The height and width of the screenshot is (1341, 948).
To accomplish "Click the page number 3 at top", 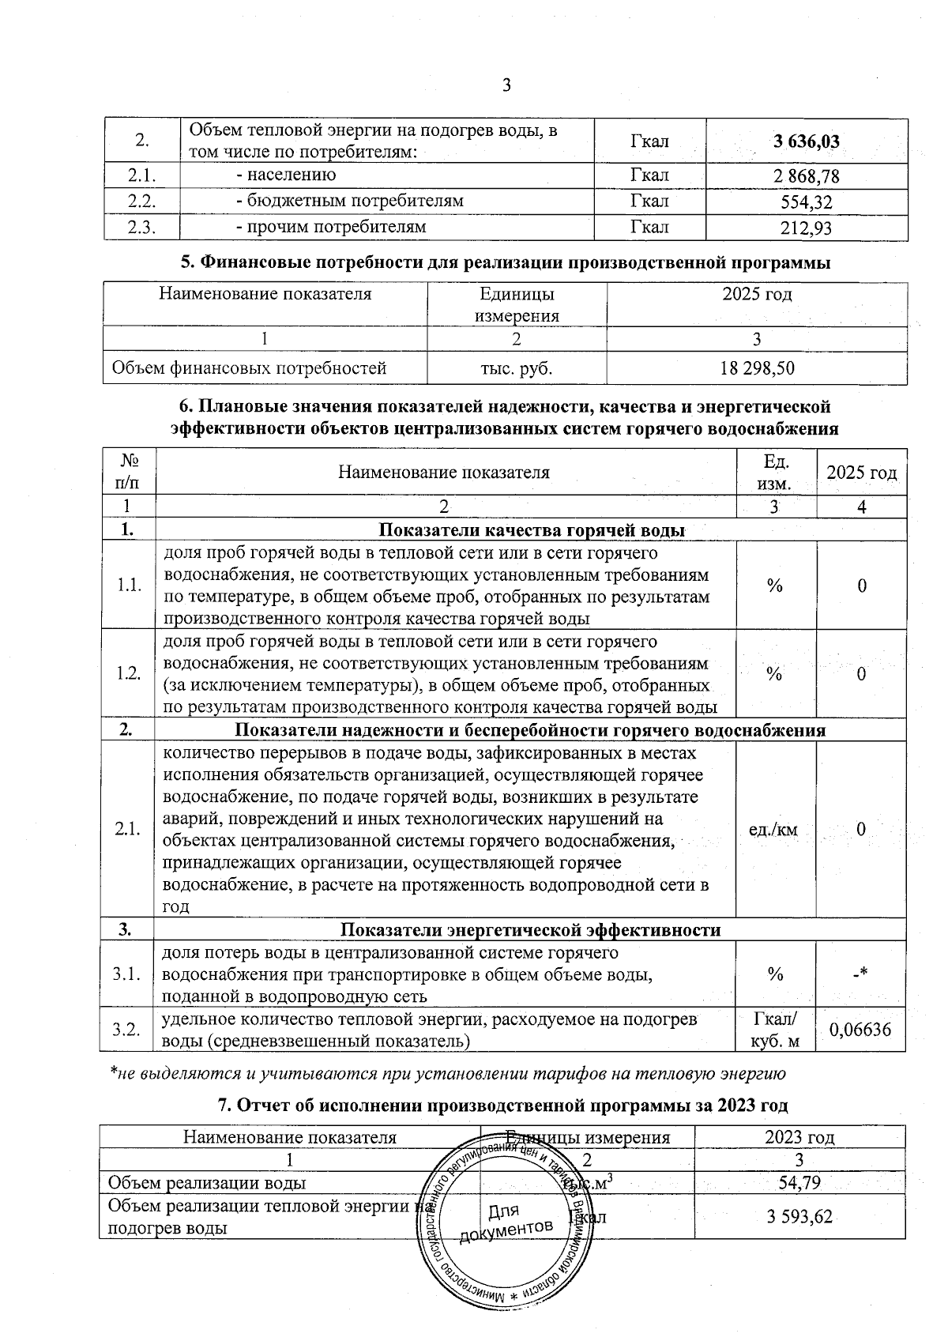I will (x=506, y=85).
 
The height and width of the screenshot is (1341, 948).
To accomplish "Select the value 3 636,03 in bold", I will (x=807, y=141).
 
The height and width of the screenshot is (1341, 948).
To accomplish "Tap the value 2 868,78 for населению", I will (x=807, y=175).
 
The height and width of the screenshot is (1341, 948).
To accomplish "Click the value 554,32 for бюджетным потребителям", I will (x=807, y=202).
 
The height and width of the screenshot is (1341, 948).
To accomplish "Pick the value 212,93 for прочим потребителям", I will (x=807, y=228).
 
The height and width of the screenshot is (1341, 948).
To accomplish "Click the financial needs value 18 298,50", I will (x=757, y=368).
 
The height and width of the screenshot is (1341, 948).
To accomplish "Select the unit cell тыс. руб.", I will (x=517, y=368).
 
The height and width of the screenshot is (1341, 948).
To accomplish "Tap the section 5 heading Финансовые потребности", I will (x=506, y=263).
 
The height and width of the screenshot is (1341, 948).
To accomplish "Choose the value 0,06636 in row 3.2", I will (x=860, y=1030).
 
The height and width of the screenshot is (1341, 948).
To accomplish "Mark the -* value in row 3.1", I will (x=860, y=974).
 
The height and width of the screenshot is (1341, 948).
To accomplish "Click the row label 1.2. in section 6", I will (x=128, y=673).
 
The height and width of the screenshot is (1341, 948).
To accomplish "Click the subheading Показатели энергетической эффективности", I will (x=530, y=930).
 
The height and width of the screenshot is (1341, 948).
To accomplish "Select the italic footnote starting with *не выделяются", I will (x=446, y=1073).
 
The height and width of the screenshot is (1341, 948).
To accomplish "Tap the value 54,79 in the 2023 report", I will (x=799, y=1183).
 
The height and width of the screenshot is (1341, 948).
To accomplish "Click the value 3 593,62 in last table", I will (x=799, y=1217).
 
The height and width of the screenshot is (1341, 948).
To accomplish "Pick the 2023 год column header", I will (x=799, y=1137).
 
